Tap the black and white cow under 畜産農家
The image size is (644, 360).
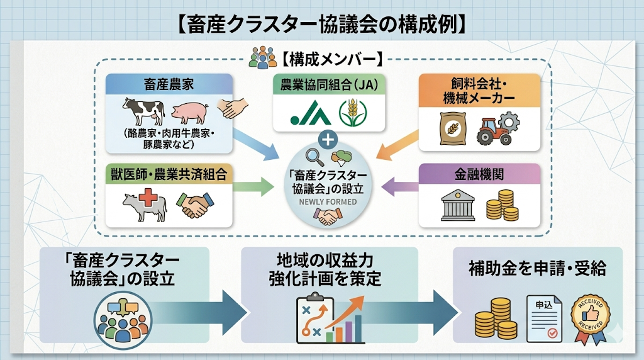(x=144, y=111)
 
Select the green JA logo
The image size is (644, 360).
(x=310, y=114)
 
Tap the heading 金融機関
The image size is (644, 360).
(x=479, y=174)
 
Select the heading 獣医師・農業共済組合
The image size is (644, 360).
(x=169, y=174)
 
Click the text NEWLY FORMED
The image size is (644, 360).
(x=328, y=202)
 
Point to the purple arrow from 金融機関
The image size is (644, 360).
(x=399, y=186)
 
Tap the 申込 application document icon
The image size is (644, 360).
(x=544, y=318)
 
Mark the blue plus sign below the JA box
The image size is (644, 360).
(x=328, y=138)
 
